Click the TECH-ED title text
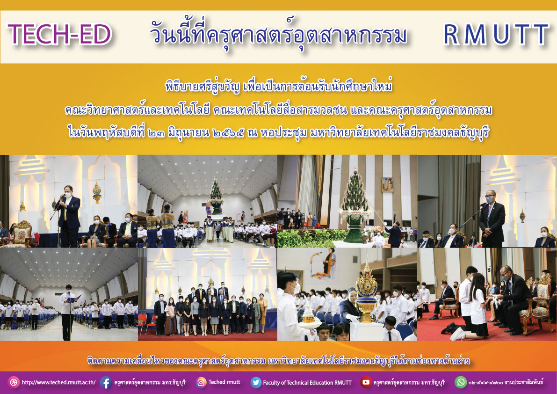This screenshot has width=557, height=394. [59, 35]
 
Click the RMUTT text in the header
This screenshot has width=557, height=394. [496, 35]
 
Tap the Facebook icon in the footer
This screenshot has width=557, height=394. [106, 382]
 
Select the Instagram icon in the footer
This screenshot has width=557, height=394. [201, 382]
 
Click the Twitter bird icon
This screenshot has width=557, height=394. [256, 382]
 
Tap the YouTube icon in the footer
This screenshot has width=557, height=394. [366, 382]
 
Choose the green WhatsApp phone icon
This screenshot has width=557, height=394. [461, 382]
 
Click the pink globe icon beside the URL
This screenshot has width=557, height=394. [14, 382]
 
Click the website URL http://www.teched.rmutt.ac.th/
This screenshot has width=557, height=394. [58, 383]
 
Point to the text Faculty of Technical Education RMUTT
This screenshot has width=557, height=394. [307, 383]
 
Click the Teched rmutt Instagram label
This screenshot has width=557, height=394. [224, 382]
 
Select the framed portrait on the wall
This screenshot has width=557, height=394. [387, 184]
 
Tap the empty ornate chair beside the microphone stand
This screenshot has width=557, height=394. [17, 234]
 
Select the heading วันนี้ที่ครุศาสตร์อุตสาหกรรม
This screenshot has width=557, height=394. [278, 36]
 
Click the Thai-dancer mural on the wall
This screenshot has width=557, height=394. [323, 263]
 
